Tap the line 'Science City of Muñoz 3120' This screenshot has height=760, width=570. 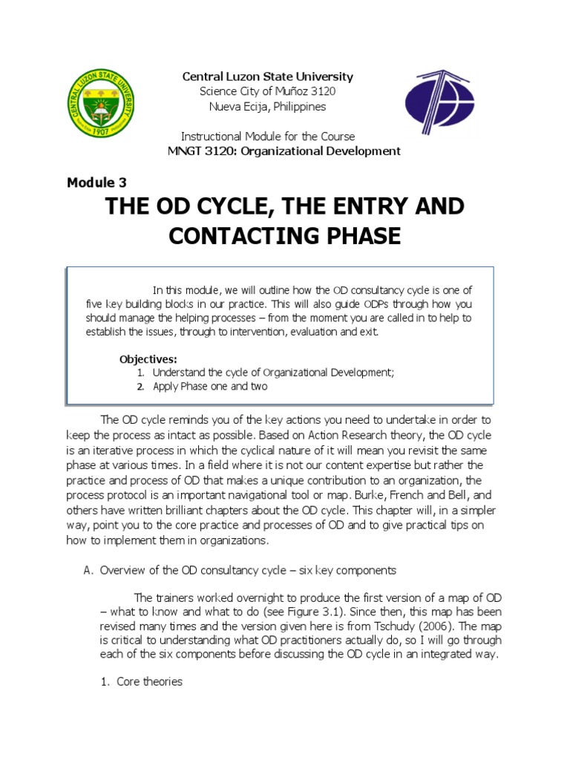pyautogui.click(x=267, y=91)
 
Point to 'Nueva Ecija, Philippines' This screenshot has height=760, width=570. pyautogui.click(x=267, y=106)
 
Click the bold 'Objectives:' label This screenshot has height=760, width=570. pyautogui.click(x=148, y=359)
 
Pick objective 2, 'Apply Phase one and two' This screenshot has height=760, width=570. pyautogui.click(x=209, y=386)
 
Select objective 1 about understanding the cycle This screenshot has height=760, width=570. pyautogui.click(x=273, y=373)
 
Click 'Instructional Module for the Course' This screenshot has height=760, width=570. pyautogui.click(x=268, y=137)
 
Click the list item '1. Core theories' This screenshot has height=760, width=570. pyautogui.click(x=141, y=681)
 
